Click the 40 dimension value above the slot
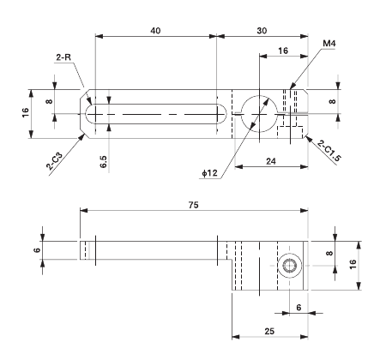tap(155, 30)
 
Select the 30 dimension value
tap(261, 30)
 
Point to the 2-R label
tap(64, 57)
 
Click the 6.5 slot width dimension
tap(104, 161)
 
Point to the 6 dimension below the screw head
tap(298, 306)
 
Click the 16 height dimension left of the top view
tap(26, 111)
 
